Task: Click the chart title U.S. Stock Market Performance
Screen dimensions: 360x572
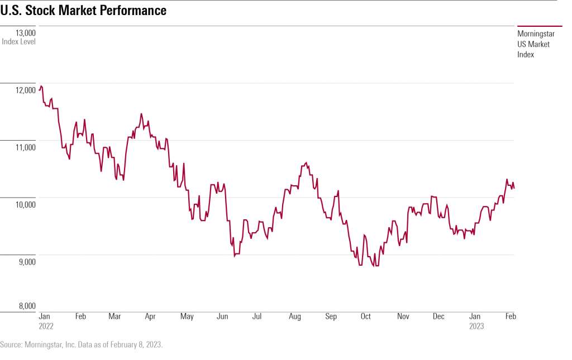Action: click(x=83, y=11)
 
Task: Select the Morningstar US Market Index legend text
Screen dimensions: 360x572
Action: click(x=536, y=44)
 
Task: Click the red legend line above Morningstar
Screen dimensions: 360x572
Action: click(x=540, y=26)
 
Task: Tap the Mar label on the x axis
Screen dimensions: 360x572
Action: click(x=115, y=316)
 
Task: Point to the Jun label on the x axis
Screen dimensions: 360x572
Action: click(x=222, y=316)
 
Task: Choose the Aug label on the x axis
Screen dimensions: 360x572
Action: click(x=294, y=316)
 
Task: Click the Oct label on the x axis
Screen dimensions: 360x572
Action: click(x=365, y=316)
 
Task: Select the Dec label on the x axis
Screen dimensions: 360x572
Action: click(x=438, y=316)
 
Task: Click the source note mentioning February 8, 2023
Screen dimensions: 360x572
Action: click(x=82, y=345)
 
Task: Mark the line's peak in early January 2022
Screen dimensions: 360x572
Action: click(x=41, y=86)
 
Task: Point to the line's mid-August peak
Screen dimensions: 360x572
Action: click(x=306, y=162)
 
